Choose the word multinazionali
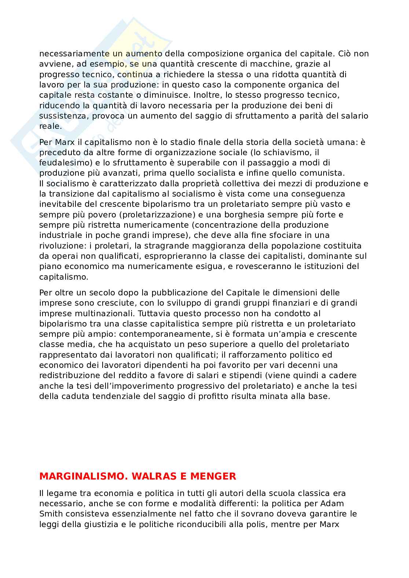98,313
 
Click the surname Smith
50,514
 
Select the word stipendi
245,375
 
